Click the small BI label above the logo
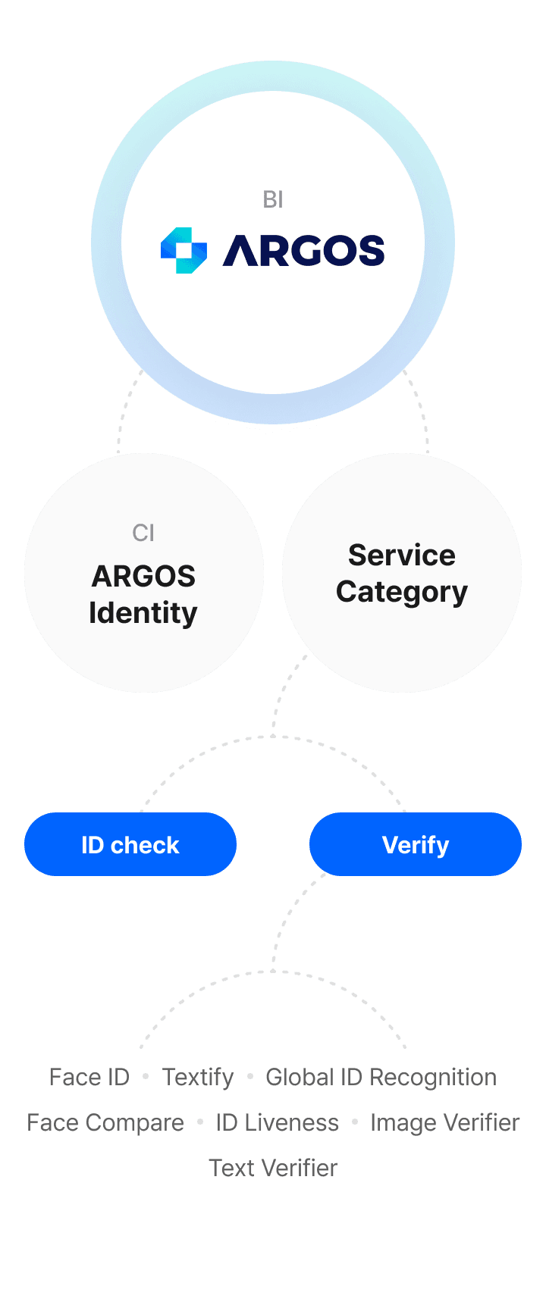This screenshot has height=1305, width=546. (x=273, y=199)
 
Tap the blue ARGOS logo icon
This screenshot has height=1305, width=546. (x=184, y=250)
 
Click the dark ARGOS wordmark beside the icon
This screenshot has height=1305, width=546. (x=303, y=251)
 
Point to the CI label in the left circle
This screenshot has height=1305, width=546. (x=143, y=533)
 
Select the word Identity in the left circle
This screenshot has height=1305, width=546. (x=143, y=613)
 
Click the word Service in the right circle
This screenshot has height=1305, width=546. (x=402, y=555)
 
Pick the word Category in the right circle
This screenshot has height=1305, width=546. (x=402, y=592)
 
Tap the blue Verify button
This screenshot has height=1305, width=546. (x=416, y=844)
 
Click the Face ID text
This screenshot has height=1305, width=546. (x=89, y=1077)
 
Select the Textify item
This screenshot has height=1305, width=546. (x=199, y=1077)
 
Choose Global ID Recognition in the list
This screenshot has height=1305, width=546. (x=381, y=1077)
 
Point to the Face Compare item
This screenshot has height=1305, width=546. (x=105, y=1122)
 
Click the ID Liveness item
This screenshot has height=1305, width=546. (x=278, y=1122)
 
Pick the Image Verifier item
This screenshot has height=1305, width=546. (x=444, y=1122)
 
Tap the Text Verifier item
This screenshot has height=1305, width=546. (x=273, y=1168)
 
